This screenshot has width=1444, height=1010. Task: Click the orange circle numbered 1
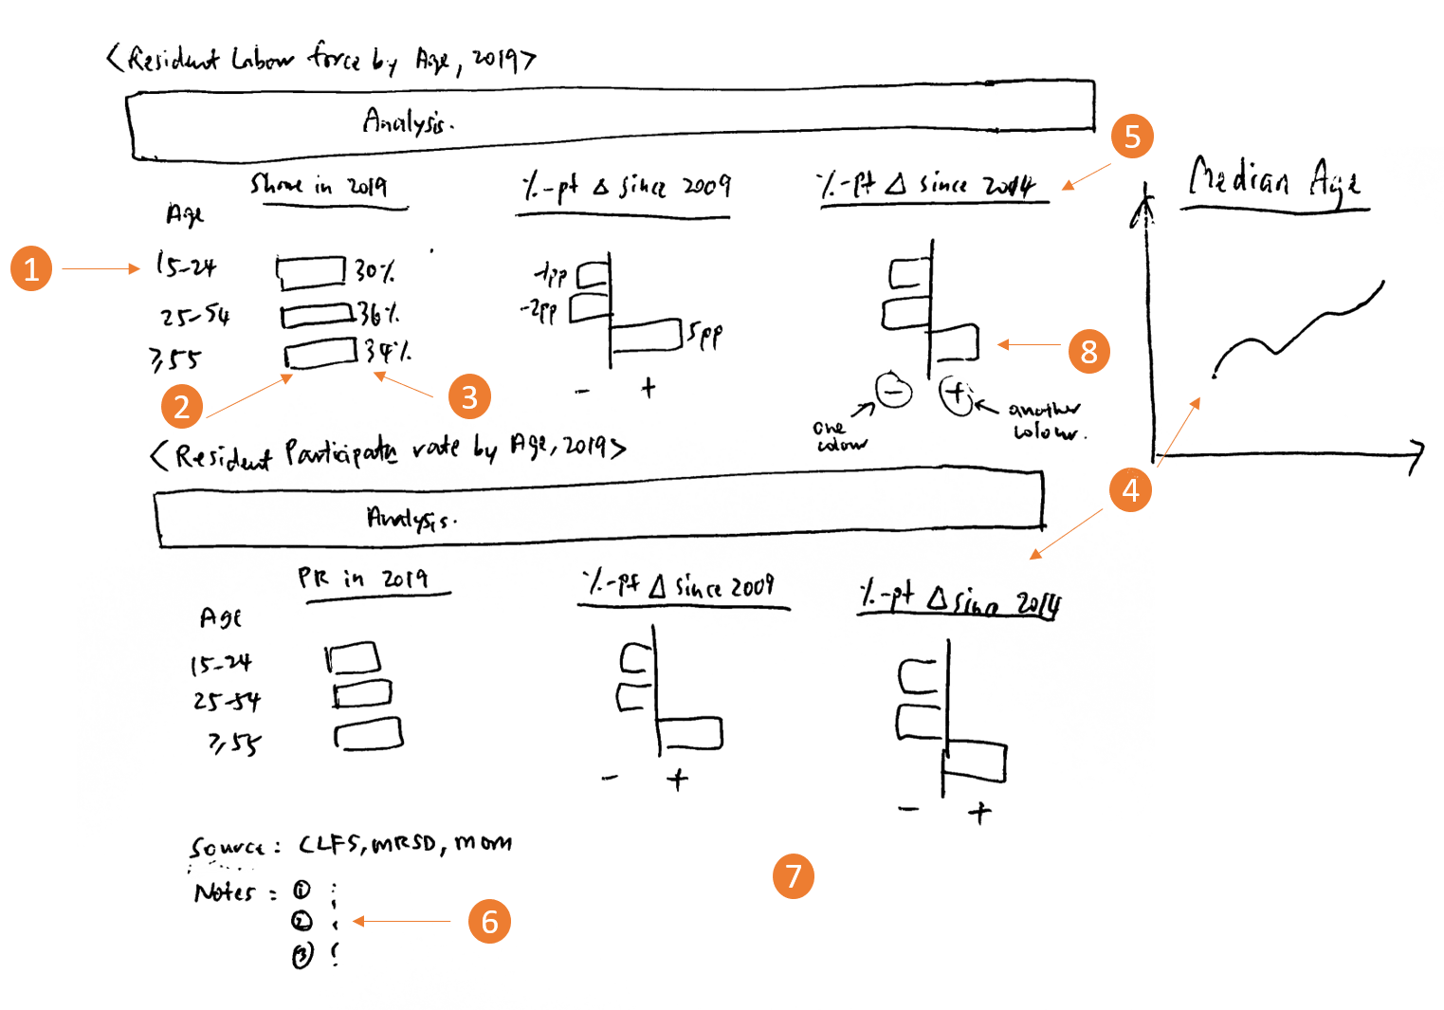31,268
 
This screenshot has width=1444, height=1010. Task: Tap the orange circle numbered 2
182,406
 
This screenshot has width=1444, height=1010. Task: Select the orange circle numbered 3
469,396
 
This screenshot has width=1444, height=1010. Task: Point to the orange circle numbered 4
1130,490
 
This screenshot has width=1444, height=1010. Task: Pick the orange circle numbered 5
1132,137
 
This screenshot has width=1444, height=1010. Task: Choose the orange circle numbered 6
489,921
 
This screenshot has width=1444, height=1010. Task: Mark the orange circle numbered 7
794,876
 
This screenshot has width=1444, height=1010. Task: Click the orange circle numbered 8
1088,352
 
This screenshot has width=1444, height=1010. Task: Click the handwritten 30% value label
375,272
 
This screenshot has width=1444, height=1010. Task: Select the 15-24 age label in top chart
186,266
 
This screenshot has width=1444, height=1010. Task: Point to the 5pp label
704,334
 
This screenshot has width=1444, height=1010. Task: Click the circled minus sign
893,390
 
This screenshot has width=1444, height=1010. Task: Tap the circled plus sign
957,394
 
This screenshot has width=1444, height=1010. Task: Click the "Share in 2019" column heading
320,185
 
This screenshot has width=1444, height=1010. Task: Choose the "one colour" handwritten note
840,435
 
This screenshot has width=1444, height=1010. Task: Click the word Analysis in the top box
408,121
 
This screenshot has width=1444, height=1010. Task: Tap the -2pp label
539,310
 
